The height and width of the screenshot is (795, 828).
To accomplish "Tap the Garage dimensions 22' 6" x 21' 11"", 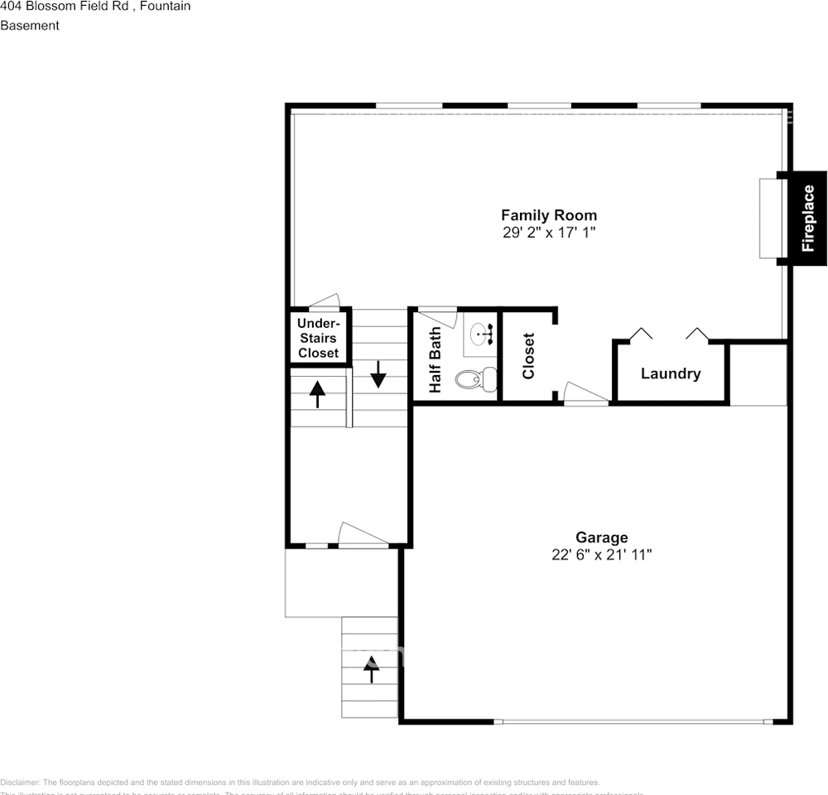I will pyautogui.click(x=602, y=555).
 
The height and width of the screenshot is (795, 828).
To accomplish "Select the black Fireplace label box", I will pyautogui.click(x=807, y=219).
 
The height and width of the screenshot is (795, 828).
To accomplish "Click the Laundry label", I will pyautogui.click(x=671, y=373).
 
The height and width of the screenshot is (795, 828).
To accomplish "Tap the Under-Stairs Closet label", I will pyautogui.click(x=318, y=338).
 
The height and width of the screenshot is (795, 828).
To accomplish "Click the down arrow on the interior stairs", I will pyautogui.click(x=378, y=373).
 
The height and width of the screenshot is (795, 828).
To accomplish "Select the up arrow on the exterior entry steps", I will pyautogui.click(x=370, y=668).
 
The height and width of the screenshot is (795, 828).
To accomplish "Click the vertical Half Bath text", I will pyautogui.click(x=435, y=360).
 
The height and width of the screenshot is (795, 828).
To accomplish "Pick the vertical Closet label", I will pyautogui.click(x=529, y=356).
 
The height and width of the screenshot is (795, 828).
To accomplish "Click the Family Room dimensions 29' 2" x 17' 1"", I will pyautogui.click(x=548, y=233).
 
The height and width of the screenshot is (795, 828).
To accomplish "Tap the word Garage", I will pyautogui.click(x=602, y=537).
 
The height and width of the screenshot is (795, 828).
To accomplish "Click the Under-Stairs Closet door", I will pyautogui.click(x=325, y=301).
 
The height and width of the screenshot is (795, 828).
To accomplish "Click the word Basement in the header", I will pyautogui.click(x=30, y=26).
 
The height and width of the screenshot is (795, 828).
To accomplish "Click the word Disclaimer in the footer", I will pyautogui.click(x=19, y=783).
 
